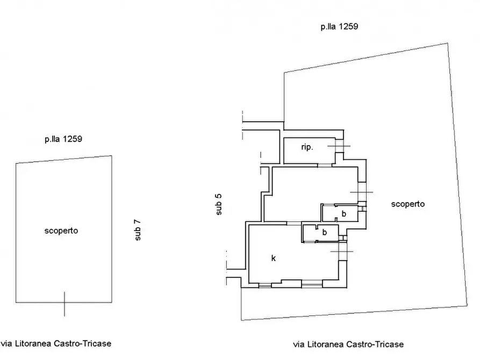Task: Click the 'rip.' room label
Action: (307, 147)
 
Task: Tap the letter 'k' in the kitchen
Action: (274, 258)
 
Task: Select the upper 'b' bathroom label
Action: (344, 213)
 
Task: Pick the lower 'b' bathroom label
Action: (325, 232)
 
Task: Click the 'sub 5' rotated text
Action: (219, 205)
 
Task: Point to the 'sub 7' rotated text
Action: (138, 230)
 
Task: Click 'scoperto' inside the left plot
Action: (61, 231)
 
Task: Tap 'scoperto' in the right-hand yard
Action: (408, 204)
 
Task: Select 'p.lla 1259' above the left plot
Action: (63, 139)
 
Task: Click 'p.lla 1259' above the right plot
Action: (339, 27)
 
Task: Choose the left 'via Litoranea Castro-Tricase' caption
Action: (56, 343)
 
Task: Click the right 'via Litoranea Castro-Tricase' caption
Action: (348, 344)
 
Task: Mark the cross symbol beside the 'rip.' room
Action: (339, 146)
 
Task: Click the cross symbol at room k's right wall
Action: (342, 251)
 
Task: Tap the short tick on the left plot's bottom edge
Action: (65, 304)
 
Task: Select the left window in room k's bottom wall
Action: (265, 286)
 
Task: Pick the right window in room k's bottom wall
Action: (312, 285)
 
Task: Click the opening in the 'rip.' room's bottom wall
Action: (325, 165)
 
